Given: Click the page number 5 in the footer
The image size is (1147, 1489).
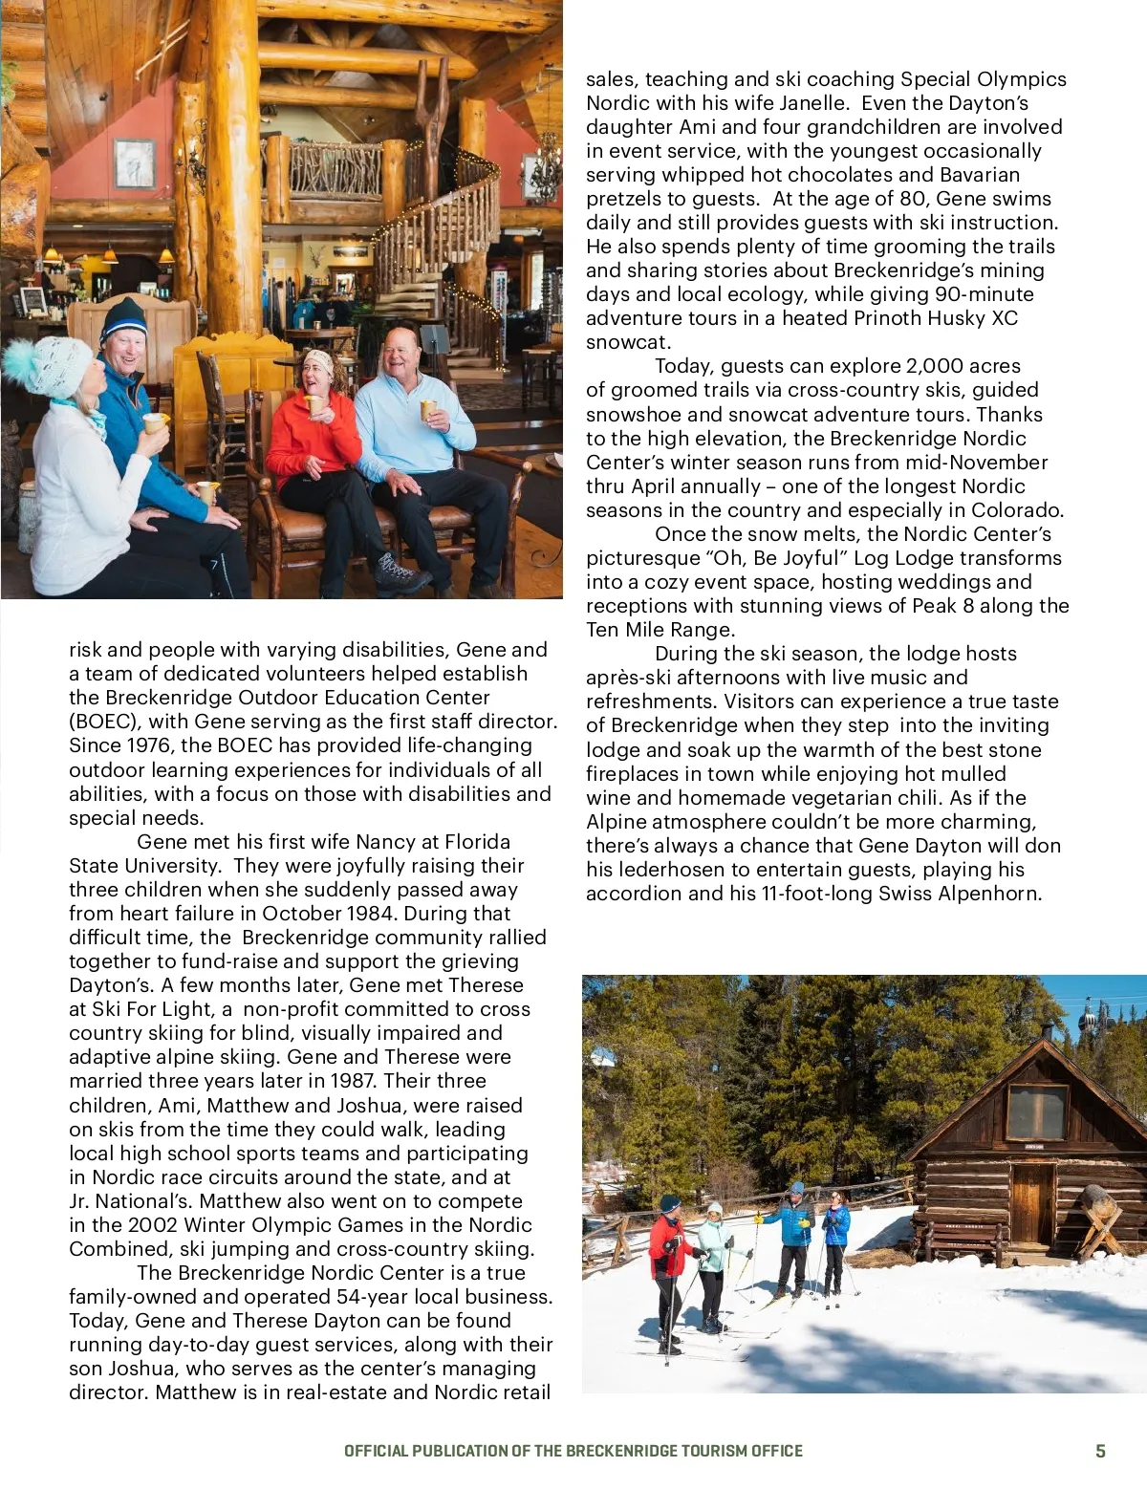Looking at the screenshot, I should tap(1100, 1451).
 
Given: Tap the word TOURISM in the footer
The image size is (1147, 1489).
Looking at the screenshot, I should tap(715, 1451).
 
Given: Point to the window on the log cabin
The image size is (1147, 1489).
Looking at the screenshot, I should tap(1037, 1111).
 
